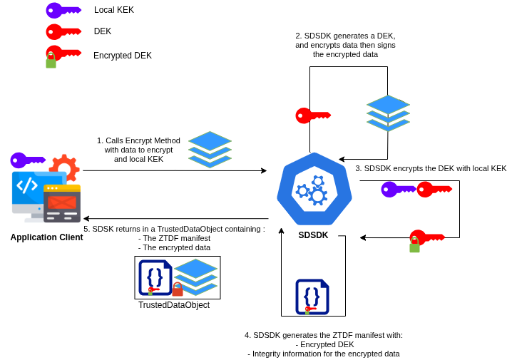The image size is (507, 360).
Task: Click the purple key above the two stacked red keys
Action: coord(63,10)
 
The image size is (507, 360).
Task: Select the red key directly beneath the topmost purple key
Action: coord(63,31)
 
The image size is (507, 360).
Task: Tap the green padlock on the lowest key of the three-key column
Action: coord(51,62)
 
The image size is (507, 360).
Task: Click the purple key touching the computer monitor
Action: coord(27,160)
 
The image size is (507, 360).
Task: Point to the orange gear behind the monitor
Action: coord(65,165)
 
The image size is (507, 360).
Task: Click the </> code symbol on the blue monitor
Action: coord(27,185)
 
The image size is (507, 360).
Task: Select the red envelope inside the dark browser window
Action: coord(62,202)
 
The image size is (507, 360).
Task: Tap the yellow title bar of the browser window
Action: coord(62,188)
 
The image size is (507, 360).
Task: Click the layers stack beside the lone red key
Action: coord(388,113)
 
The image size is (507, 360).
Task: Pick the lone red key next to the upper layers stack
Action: coord(312,115)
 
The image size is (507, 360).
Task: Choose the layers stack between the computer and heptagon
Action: coord(210,149)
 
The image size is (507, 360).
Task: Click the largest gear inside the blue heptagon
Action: coord(317,196)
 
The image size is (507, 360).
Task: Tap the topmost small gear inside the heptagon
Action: coord(318,181)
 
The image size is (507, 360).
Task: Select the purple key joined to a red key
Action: coord(398,189)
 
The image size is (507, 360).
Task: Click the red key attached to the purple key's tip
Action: coord(434,189)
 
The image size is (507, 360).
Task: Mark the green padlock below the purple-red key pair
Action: coord(414,246)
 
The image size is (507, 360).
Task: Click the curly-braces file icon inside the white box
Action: coord(155,277)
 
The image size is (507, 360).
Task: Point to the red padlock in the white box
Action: coord(178,289)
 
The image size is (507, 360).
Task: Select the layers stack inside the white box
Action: coord(196,276)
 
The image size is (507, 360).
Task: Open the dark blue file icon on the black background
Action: coord(312,297)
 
